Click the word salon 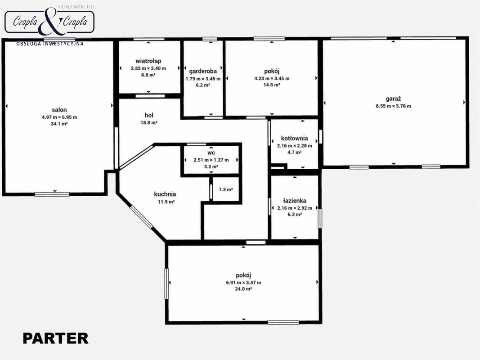coord(59,110)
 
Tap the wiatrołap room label coord(148,61)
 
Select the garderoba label coord(203,72)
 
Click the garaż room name coord(393,99)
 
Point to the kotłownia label coord(295,138)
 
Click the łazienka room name coord(295,201)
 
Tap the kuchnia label coord(165,194)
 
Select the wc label coord(211,153)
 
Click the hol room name coord(149,115)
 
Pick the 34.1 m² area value coord(59,124)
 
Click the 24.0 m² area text coord(244,288)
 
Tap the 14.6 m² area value coord(272,85)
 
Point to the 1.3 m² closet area coord(226,189)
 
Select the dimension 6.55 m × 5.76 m coord(393,106)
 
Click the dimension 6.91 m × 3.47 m coord(244,283)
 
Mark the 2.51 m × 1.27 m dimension coord(211,160)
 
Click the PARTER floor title coord(55,338)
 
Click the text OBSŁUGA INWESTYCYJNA coord(50,44)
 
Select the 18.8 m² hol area coord(149,123)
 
